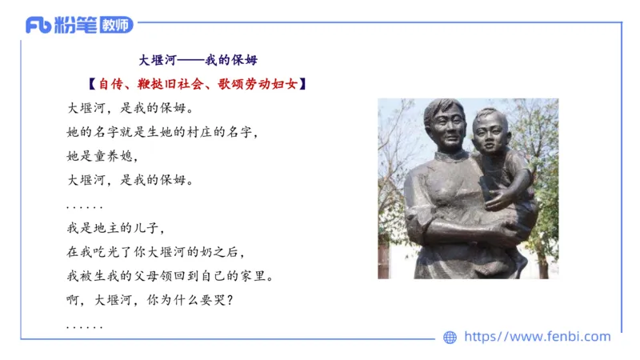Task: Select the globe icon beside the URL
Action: [450, 338]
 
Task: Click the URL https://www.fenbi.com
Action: [537, 337]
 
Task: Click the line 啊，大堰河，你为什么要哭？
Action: [152, 302]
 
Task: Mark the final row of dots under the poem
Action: [84, 327]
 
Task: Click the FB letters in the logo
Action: [38, 26]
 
